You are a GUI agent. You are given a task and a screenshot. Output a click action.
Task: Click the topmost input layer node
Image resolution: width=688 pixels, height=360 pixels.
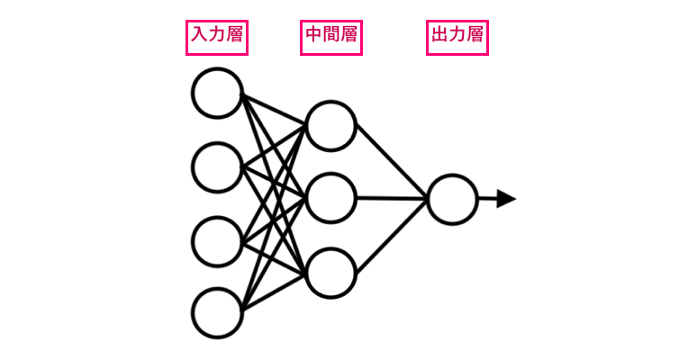pos(217,93)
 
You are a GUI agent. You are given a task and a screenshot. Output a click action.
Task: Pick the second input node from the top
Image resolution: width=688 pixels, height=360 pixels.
pos(217,166)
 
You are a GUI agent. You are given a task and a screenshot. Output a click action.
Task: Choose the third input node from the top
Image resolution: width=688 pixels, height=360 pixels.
pos(217,240)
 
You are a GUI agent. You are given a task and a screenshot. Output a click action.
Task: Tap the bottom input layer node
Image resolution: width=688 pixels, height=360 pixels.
pos(217,312)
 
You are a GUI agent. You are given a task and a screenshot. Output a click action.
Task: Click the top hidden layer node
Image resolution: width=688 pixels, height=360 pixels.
pos(330,126)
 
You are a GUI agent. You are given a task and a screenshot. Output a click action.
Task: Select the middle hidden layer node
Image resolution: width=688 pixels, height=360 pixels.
pos(330,198)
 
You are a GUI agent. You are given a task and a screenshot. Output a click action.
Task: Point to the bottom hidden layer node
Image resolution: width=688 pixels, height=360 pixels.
pos(330,272)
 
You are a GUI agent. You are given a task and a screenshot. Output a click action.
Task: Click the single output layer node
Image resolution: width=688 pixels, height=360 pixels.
pos(452,199)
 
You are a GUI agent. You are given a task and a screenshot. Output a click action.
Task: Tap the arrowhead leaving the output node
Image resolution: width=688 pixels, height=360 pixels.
pos(505,199)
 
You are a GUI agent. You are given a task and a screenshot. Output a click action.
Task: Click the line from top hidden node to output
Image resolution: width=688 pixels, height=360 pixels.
pos(391,162)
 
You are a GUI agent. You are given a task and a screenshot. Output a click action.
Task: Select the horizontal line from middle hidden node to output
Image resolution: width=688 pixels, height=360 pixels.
pos(391,198)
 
